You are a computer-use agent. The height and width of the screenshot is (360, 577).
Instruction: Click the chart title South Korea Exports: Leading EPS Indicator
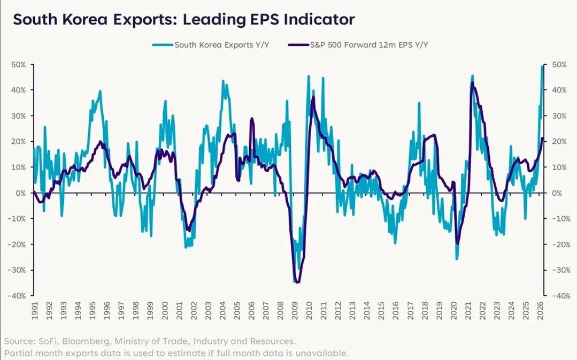click(183, 20)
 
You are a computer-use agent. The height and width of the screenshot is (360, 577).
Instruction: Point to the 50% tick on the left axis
click(19, 64)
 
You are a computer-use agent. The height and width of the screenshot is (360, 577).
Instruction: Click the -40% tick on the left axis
click(18, 296)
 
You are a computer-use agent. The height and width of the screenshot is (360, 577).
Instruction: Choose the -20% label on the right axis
click(558, 244)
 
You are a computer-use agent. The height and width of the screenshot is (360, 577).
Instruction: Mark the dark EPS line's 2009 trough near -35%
click(297, 282)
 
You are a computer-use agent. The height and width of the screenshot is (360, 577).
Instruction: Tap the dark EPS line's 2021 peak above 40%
click(472, 83)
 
